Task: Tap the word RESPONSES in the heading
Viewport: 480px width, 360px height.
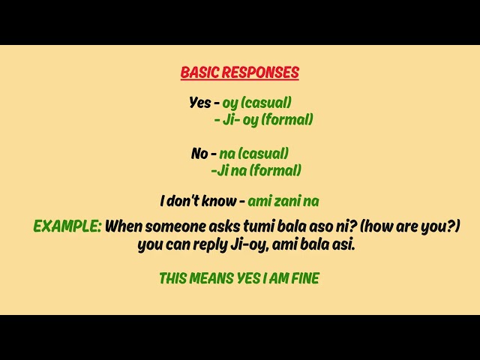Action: coord(260,72)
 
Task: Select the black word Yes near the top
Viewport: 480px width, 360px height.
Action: coord(200,102)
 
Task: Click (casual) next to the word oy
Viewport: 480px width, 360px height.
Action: coord(266,103)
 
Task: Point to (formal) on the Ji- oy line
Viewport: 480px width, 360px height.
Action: coord(286,119)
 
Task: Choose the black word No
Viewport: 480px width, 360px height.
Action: coord(199,153)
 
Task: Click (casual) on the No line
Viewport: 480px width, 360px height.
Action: coord(263,153)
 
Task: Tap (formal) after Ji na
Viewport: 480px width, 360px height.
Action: coord(275,170)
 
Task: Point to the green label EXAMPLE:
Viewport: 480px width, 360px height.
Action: coord(67,226)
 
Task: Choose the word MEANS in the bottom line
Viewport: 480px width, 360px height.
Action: coord(211,278)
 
